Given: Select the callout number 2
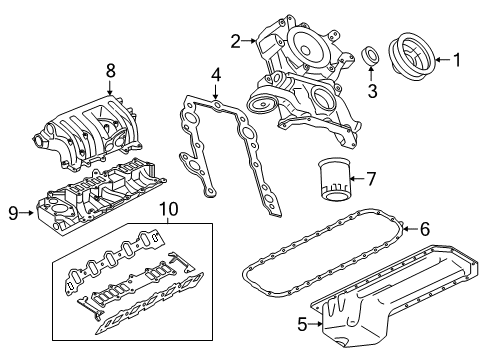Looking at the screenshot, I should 235,41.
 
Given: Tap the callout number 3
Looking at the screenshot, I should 371,92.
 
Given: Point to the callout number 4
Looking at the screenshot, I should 215,75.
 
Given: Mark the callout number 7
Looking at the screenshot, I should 370,180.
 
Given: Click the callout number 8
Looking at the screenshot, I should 111,69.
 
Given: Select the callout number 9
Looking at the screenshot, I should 13,212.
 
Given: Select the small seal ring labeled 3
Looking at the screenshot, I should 370,55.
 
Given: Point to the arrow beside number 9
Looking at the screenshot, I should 28,212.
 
